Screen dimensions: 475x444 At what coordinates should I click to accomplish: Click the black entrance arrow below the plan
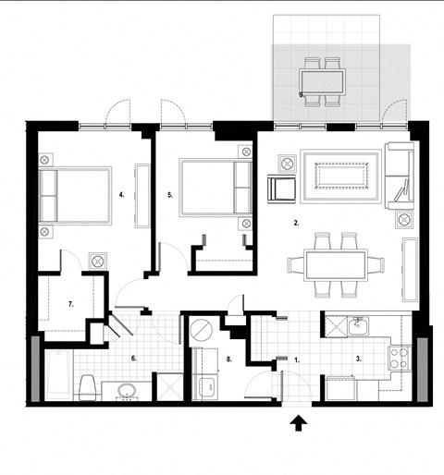click(x=299, y=424)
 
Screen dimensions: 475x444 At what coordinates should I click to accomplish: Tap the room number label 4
click(x=122, y=195)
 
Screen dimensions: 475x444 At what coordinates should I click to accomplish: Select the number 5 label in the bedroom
click(x=171, y=195)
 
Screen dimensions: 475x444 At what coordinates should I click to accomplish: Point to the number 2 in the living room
click(x=295, y=223)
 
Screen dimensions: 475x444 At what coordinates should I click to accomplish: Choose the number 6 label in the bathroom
click(x=134, y=358)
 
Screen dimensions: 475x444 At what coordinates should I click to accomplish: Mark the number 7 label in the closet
click(x=70, y=303)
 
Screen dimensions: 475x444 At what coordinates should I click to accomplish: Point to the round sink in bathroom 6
click(x=126, y=389)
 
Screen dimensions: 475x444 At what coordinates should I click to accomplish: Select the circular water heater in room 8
click(x=201, y=328)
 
